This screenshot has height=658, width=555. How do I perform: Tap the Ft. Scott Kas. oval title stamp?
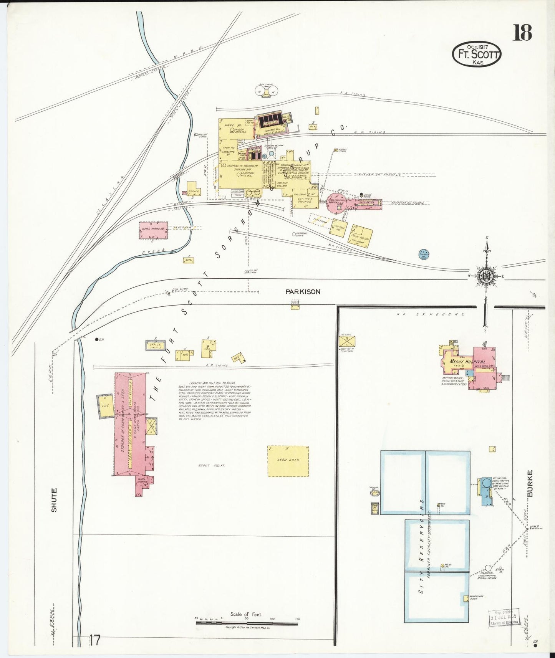point(477,54)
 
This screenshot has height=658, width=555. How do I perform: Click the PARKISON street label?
point(303,292)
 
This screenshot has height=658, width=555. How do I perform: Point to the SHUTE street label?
point(54,499)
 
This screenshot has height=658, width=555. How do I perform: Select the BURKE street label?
point(530,483)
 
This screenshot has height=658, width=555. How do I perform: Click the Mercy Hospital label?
point(467,362)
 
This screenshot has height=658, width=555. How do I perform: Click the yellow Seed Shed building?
point(288,461)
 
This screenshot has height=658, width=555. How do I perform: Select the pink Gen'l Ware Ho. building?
point(153,230)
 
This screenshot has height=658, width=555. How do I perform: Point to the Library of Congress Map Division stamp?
point(504,618)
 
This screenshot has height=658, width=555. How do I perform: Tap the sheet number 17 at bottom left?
point(94,640)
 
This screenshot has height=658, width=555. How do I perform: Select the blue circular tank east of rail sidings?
point(424,254)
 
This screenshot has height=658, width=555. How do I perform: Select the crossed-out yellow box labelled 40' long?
point(347,341)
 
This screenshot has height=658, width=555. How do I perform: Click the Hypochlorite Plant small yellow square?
point(466,598)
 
